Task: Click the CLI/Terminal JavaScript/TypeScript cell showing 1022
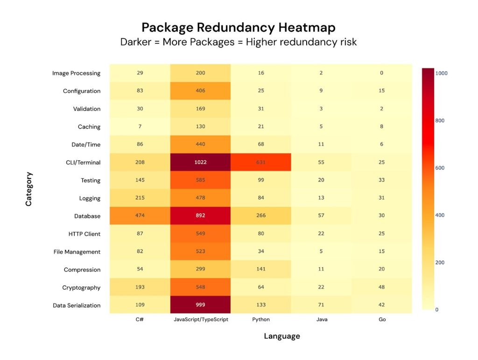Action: pos(200,162)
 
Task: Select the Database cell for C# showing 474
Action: pos(140,216)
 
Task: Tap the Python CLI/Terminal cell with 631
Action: pos(260,162)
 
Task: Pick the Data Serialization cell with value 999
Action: pos(200,305)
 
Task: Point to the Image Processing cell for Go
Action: pos(381,73)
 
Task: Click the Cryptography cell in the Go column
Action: pos(381,287)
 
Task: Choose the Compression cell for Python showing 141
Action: pos(260,270)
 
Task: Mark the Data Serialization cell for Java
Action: pos(321,305)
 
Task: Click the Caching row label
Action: pos(89,127)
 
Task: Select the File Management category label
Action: pos(77,252)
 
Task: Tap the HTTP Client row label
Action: pos(84,234)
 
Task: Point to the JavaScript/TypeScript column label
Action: pos(200,320)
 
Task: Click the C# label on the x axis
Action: pos(140,320)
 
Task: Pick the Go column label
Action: pos(381,320)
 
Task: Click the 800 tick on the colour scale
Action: pos(440,121)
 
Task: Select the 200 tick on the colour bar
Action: pos(440,263)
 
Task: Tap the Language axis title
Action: pos(282,336)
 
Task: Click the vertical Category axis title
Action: pos(29,189)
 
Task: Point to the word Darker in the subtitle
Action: pos(136,42)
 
